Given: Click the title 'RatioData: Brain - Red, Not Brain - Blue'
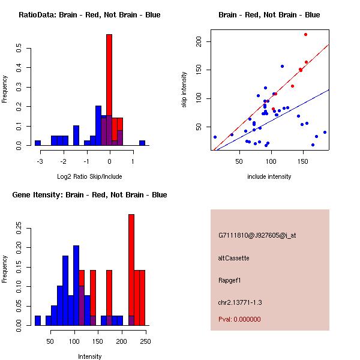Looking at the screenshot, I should [x=89, y=15].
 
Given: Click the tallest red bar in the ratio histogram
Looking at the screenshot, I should [x=109, y=90].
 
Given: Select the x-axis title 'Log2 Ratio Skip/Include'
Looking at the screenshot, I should [x=89, y=176].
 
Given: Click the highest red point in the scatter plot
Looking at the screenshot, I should [x=305, y=34].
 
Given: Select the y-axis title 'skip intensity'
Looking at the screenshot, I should [x=184, y=90].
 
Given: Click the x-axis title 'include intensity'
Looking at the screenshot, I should [x=269, y=176].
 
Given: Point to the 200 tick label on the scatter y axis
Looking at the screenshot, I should [x=199, y=41].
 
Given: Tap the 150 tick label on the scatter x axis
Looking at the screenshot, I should [x=303, y=161].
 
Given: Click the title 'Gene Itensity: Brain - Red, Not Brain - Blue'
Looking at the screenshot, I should [x=89, y=195].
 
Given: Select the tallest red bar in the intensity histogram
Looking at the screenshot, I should [x=131, y=270].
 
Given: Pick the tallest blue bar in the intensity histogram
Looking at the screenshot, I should [x=76, y=285].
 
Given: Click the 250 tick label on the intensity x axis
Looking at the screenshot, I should [x=145, y=341].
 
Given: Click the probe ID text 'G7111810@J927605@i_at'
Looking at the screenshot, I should [x=257, y=235].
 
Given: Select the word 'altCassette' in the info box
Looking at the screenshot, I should [x=233, y=257].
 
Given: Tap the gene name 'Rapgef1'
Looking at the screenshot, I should [x=230, y=280].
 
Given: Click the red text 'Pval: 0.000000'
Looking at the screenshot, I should [x=239, y=319].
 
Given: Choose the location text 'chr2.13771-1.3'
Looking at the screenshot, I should [x=240, y=302].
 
